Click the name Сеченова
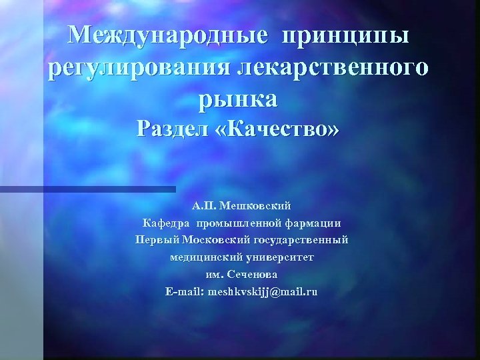(x=253, y=275)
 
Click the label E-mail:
(x=184, y=292)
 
